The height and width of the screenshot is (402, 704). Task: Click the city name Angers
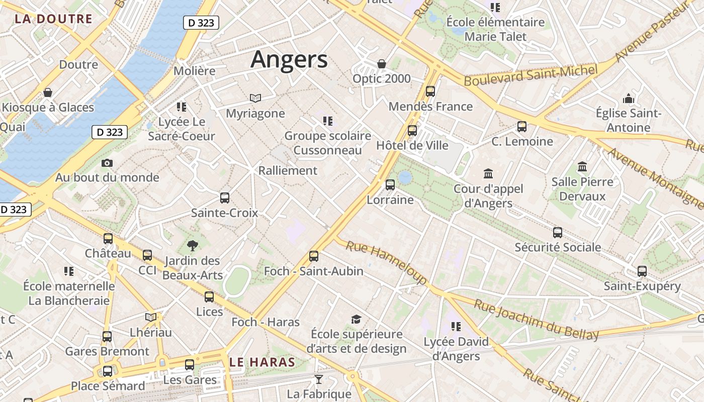point(289,59)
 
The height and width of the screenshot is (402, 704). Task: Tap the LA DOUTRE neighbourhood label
point(53,19)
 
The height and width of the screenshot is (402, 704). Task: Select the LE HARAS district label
point(262,362)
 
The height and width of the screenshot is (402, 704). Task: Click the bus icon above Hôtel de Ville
point(412,131)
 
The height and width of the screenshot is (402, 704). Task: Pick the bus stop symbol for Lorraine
point(390,185)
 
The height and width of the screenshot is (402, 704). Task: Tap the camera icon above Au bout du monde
point(107,163)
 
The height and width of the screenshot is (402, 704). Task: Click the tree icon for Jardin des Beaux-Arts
point(192,246)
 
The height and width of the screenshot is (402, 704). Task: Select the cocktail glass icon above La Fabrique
point(318,379)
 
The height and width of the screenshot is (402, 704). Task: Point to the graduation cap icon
point(356,319)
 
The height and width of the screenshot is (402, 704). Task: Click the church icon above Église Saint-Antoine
point(629,98)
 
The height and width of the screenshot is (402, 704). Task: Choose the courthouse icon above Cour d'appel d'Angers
point(488,174)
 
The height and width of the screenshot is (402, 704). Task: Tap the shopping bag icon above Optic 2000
point(382,64)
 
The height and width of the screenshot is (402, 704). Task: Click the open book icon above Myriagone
point(255,98)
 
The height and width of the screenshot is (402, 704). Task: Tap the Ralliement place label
point(288,170)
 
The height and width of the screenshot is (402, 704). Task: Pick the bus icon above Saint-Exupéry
point(642,271)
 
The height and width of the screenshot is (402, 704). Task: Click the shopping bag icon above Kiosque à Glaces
point(48,92)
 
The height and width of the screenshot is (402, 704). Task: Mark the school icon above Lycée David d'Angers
point(456,327)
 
